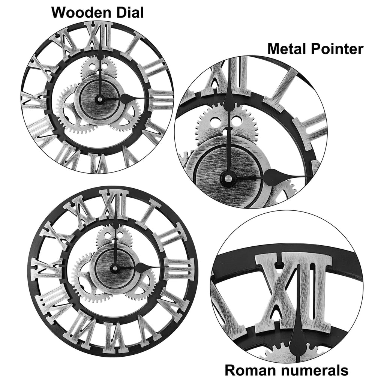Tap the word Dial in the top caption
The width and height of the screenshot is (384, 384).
(129, 12)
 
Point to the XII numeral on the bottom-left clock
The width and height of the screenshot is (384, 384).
(114, 204)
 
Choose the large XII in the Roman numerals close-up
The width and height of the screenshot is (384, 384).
(293, 291)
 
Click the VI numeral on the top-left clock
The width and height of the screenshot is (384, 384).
(99, 162)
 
